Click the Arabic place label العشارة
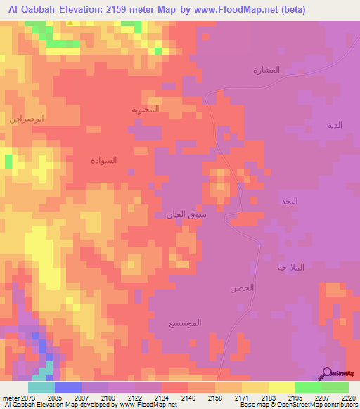click(x=266, y=70)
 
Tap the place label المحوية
click(x=146, y=110)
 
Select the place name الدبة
click(x=335, y=125)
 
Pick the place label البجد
click(x=289, y=201)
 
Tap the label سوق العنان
click(x=186, y=214)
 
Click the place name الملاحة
click(x=291, y=268)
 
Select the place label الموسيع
click(x=185, y=323)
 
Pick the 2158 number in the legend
click(x=215, y=398)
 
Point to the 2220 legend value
click(x=349, y=398)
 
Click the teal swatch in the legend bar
click(x=41, y=387)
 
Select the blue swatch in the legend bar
click(x=68, y=387)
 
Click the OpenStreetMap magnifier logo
click(x=326, y=373)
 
